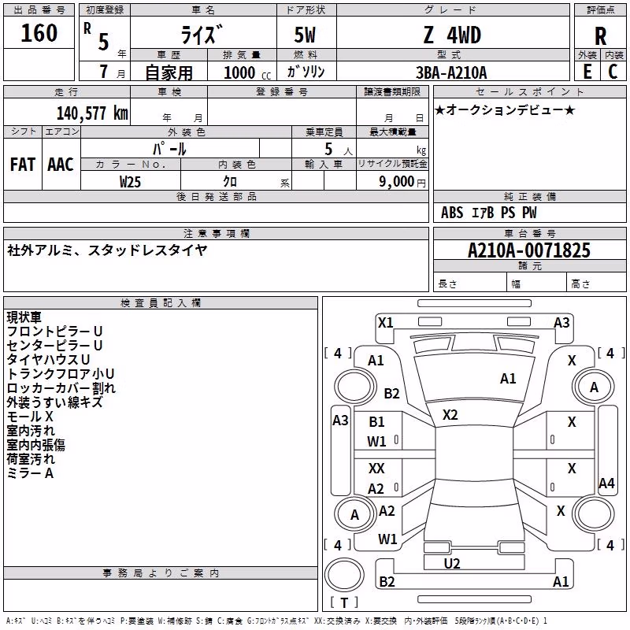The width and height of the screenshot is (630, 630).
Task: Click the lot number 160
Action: [x=39, y=32]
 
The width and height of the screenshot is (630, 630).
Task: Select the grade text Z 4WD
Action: [x=452, y=35]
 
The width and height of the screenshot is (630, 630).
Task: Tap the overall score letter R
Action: [x=600, y=36]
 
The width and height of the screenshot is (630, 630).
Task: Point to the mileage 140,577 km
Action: [x=92, y=113]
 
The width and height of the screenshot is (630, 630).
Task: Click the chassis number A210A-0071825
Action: [x=529, y=250]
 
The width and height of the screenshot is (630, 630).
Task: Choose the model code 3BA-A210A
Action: [x=451, y=72]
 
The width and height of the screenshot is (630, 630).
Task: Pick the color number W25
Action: [x=130, y=182]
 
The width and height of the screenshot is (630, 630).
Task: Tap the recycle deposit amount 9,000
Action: [x=397, y=182]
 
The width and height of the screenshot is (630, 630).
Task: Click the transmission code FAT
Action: [x=23, y=165]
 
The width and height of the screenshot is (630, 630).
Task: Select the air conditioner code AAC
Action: [x=61, y=165]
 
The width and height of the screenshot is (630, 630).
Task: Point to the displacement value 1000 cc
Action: [x=247, y=72]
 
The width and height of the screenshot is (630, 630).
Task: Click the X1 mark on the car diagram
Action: [x=385, y=323]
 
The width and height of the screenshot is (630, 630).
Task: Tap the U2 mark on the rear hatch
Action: [x=452, y=563]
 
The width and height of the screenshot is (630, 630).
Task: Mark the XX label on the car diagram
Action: [x=376, y=468]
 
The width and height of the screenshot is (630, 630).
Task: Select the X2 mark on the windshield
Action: [x=450, y=415]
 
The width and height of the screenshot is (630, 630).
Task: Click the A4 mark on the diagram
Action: [x=606, y=483]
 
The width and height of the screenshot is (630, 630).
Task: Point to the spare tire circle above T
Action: [x=344, y=575]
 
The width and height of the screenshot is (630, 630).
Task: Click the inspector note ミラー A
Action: [x=30, y=473]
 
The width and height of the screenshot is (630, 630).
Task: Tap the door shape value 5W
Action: [x=305, y=35]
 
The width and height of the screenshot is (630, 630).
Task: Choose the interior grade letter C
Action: [x=613, y=72]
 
